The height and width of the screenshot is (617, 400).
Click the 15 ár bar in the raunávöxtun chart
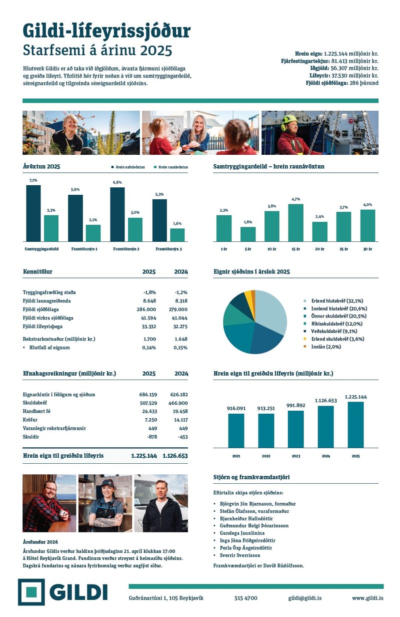click(x=295, y=223)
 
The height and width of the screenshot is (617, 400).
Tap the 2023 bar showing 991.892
click(x=295, y=429)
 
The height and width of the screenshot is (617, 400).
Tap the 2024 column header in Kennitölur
click(x=181, y=272)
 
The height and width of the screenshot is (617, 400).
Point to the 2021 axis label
click(x=236, y=456)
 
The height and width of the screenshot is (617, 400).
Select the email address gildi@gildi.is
click(x=305, y=598)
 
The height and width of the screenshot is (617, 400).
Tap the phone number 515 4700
click(x=246, y=598)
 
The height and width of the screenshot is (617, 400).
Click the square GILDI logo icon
click(x=31, y=592)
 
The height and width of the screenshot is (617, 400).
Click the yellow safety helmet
click(x=289, y=120)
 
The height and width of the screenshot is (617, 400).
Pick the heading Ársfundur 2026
click(x=40, y=542)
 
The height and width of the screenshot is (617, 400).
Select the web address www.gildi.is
click(x=367, y=598)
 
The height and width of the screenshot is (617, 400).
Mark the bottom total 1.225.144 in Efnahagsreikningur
click(x=144, y=456)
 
